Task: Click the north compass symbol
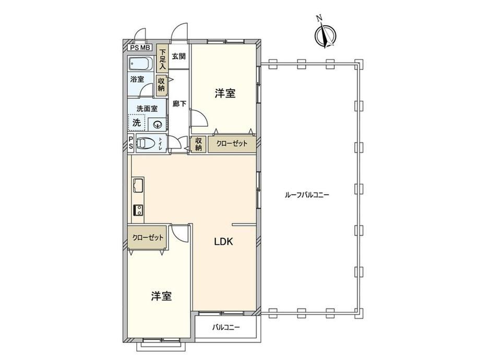coord(325,34)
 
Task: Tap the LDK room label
coord(223,242)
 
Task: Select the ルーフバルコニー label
coord(306,195)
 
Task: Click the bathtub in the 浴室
coord(140,64)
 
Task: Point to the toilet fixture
coord(146,143)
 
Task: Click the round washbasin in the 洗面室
coord(158,124)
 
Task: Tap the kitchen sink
coord(138,185)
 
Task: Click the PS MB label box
coord(140,47)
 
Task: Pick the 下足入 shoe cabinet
coord(162,58)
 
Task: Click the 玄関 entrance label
coord(179,56)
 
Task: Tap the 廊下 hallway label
coord(179,104)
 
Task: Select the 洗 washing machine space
coord(137,123)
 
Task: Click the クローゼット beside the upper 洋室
coord(232,144)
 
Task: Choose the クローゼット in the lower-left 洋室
coord(147,237)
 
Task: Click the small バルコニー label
coord(226,328)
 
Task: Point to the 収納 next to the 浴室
coord(161,84)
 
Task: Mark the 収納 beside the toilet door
coord(198,144)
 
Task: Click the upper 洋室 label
coord(225,93)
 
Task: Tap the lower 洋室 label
coord(161,296)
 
